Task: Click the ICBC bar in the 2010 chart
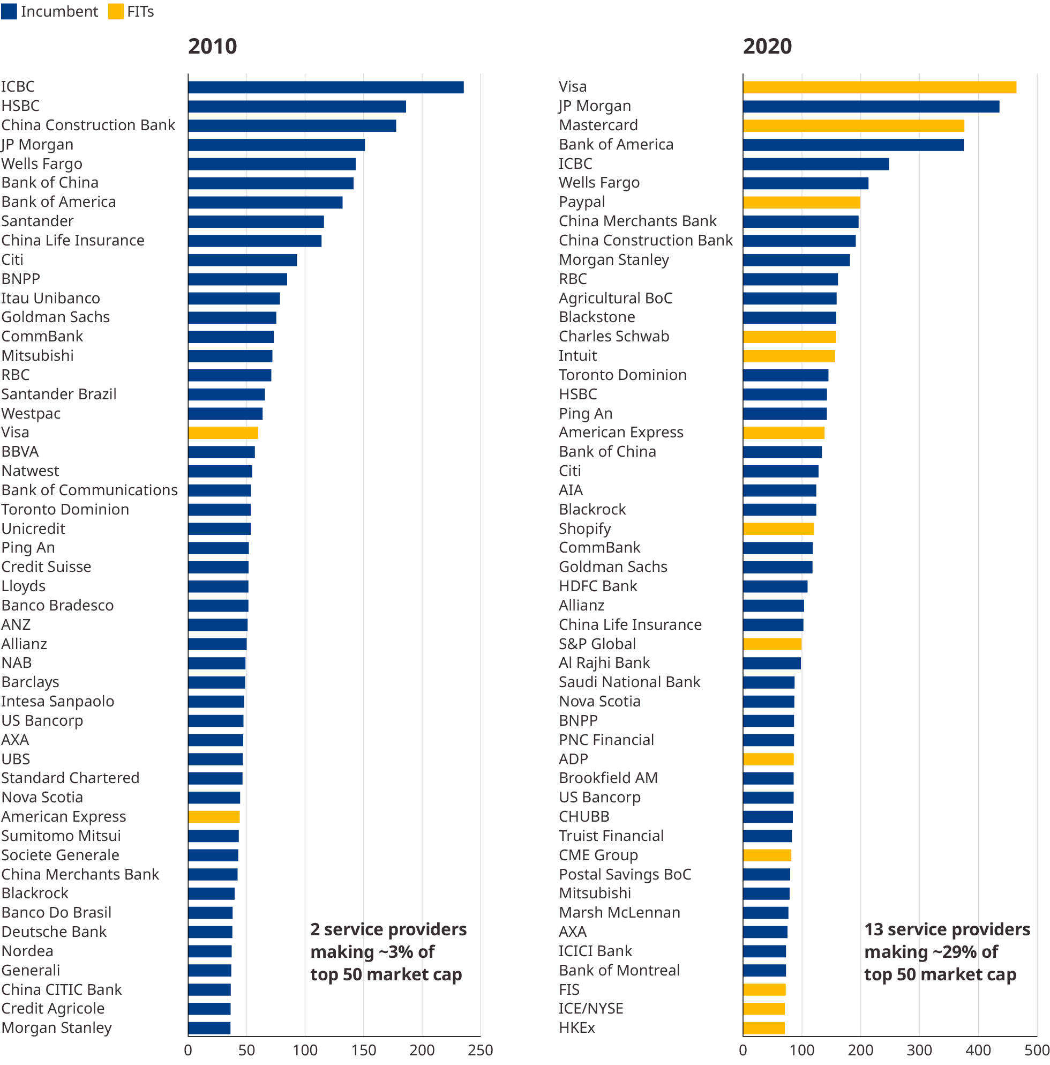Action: (325, 87)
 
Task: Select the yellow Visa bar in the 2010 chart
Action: (222, 433)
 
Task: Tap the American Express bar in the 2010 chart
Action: (214, 816)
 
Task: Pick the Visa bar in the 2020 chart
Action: (879, 87)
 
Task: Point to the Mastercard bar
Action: (853, 125)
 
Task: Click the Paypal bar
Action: (801, 202)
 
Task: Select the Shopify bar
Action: (778, 528)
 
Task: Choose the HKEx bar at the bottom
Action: (763, 1027)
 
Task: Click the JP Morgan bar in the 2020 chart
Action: (871, 106)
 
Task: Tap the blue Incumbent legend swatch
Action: (9, 12)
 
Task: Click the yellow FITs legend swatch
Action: (116, 12)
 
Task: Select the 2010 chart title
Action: (212, 46)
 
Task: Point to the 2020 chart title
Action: (767, 46)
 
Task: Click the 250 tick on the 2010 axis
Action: (480, 1050)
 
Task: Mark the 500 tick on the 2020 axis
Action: (1036, 1050)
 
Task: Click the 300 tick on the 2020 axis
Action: (919, 1050)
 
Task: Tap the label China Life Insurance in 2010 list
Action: (73, 240)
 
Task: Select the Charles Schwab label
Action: (614, 336)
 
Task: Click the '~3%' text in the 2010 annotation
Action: (408, 951)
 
